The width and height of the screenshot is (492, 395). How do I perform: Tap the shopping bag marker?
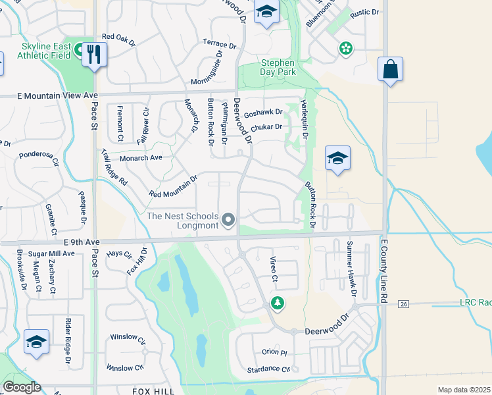click(x=390, y=69)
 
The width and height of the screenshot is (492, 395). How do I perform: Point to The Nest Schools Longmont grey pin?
click(x=228, y=219)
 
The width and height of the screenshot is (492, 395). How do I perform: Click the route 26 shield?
click(x=404, y=303)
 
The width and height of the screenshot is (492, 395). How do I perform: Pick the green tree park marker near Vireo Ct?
click(x=278, y=303)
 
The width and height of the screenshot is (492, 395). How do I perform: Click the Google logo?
click(x=22, y=387)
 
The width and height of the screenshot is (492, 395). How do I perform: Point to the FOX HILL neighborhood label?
click(x=153, y=391)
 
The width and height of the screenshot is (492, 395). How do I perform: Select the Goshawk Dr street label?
click(x=263, y=113)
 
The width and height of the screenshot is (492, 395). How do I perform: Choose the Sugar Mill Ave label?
click(x=57, y=253)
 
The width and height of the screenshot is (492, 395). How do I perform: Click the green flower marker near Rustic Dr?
click(x=345, y=48)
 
